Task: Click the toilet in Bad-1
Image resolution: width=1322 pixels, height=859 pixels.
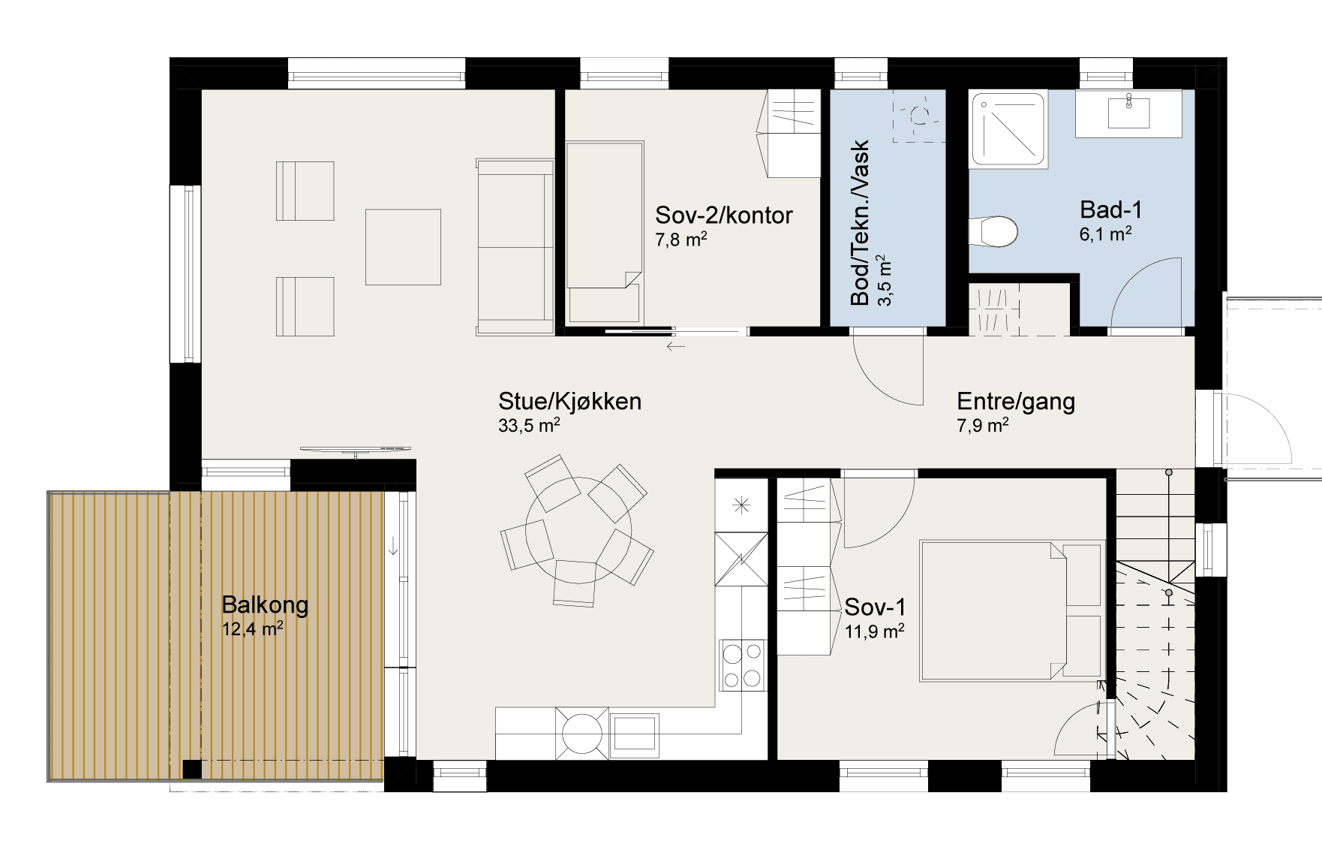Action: click(x=993, y=231)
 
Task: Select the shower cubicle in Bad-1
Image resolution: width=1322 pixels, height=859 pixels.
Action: click(x=1009, y=128)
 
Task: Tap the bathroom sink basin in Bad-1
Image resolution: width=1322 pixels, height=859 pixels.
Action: click(x=1128, y=112)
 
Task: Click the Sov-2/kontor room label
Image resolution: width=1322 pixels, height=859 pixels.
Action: click(x=723, y=216)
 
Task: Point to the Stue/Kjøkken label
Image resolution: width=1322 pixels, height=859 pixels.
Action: click(x=569, y=401)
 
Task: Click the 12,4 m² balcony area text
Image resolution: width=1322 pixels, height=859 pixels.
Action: click(x=252, y=628)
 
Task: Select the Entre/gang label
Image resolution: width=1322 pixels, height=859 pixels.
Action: click(x=1016, y=402)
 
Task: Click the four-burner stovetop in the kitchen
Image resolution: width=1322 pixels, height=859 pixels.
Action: click(x=742, y=665)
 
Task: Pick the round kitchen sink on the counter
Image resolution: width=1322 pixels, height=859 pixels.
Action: click(x=581, y=732)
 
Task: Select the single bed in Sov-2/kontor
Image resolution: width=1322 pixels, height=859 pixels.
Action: click(x=605, y=233)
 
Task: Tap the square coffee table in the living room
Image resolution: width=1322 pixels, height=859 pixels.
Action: click(x=403, y=247)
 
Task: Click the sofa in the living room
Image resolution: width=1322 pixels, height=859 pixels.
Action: click(x=515, y=246)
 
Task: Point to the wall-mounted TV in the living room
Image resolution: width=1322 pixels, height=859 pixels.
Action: click(x=356, y=449)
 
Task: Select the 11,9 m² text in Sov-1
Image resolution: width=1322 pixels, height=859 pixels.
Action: click(x=874, y=631)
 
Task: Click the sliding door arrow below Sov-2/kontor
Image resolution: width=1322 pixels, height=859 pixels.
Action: click(x=675, y=346)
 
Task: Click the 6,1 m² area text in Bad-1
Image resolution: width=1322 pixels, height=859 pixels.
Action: click(x=1105, y=234)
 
